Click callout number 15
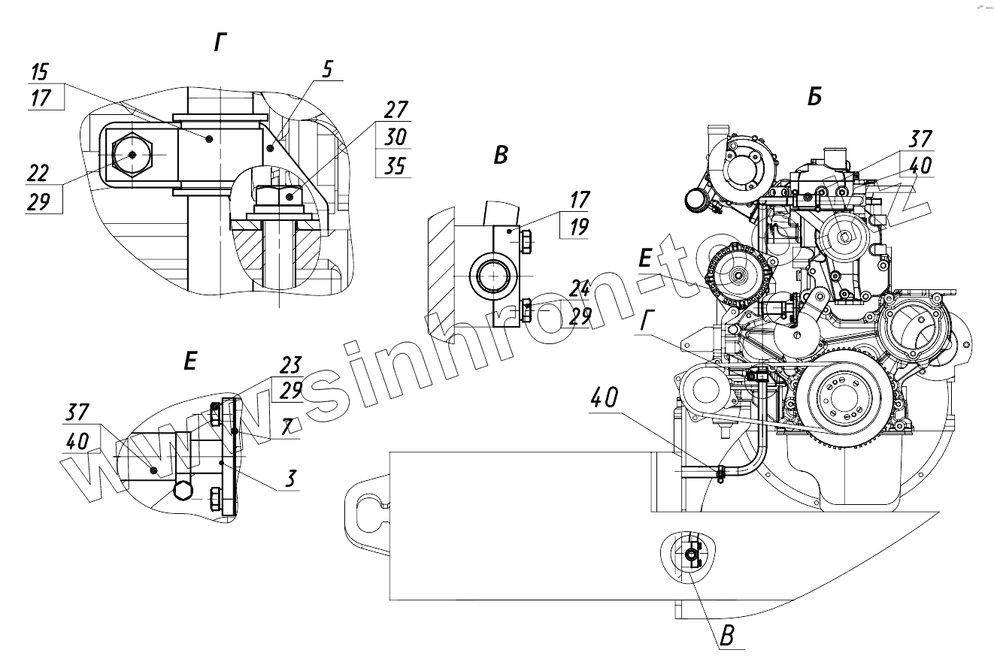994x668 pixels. (41, 73)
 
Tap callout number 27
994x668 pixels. (395, 109)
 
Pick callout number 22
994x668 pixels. (38, 173)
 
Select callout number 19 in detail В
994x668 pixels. (579, 227)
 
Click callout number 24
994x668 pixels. (580, 289)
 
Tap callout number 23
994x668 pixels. (290, 366)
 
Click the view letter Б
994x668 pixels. (814, 98)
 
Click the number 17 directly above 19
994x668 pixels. (579, 200)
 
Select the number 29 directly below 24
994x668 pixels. (580, 316)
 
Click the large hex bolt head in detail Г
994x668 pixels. (132, 154)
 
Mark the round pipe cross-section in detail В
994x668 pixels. (492, 276)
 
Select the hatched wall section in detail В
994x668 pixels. (440, 274)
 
